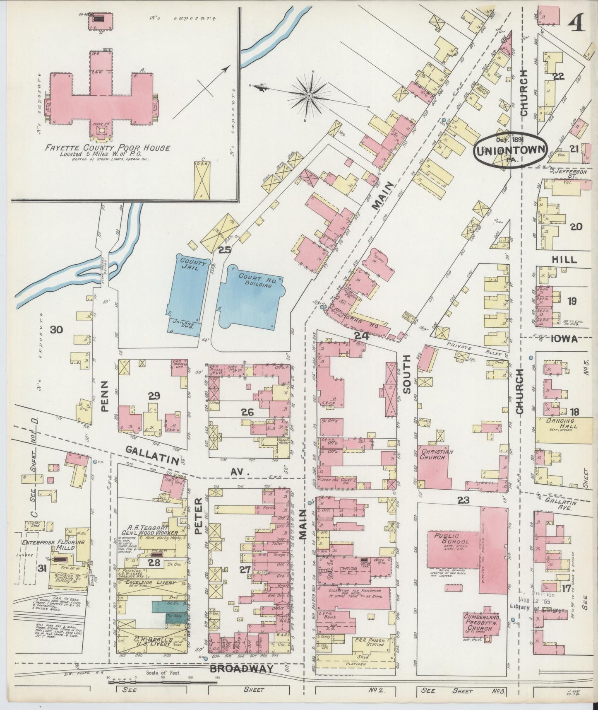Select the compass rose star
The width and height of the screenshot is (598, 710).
click(308, 96)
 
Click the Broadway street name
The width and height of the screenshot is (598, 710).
click(241, 669)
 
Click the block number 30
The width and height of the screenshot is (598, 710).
click(56, 330)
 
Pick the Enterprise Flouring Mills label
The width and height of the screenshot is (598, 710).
click(53, 545)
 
